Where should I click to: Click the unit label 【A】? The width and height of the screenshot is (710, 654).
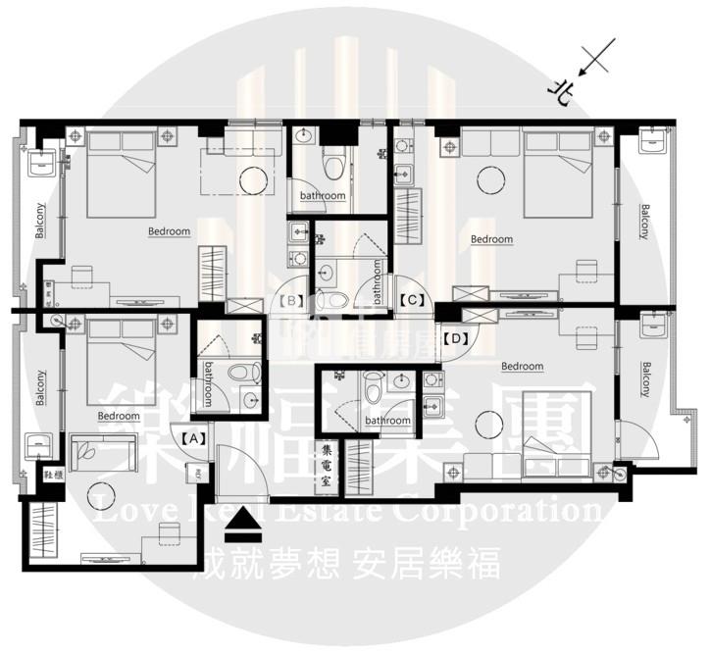(x=192, y=438)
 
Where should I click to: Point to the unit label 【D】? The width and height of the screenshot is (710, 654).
(x=454, y=338)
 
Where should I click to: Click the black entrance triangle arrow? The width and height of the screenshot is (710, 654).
(x=244, y=529)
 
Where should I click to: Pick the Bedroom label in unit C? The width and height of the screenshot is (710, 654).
(x=491, y=239)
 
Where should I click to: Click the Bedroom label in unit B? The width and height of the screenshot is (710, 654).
(x=169, y=231)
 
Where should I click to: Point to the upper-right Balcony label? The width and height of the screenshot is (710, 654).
(x=645, y=221)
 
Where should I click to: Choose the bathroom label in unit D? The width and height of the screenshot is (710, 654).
(x=386, y=421)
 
